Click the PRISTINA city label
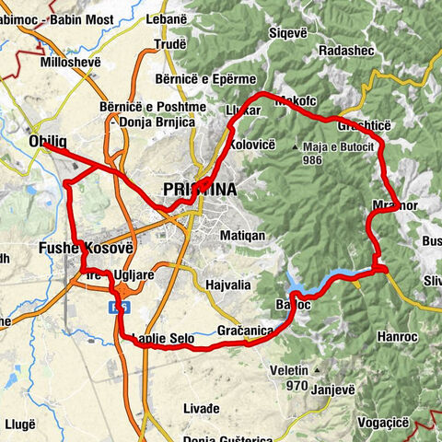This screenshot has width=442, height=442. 198,190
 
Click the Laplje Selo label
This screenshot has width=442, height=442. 163,340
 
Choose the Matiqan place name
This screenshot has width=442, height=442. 243,236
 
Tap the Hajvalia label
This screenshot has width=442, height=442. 228,285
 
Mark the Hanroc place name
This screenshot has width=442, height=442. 399,337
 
